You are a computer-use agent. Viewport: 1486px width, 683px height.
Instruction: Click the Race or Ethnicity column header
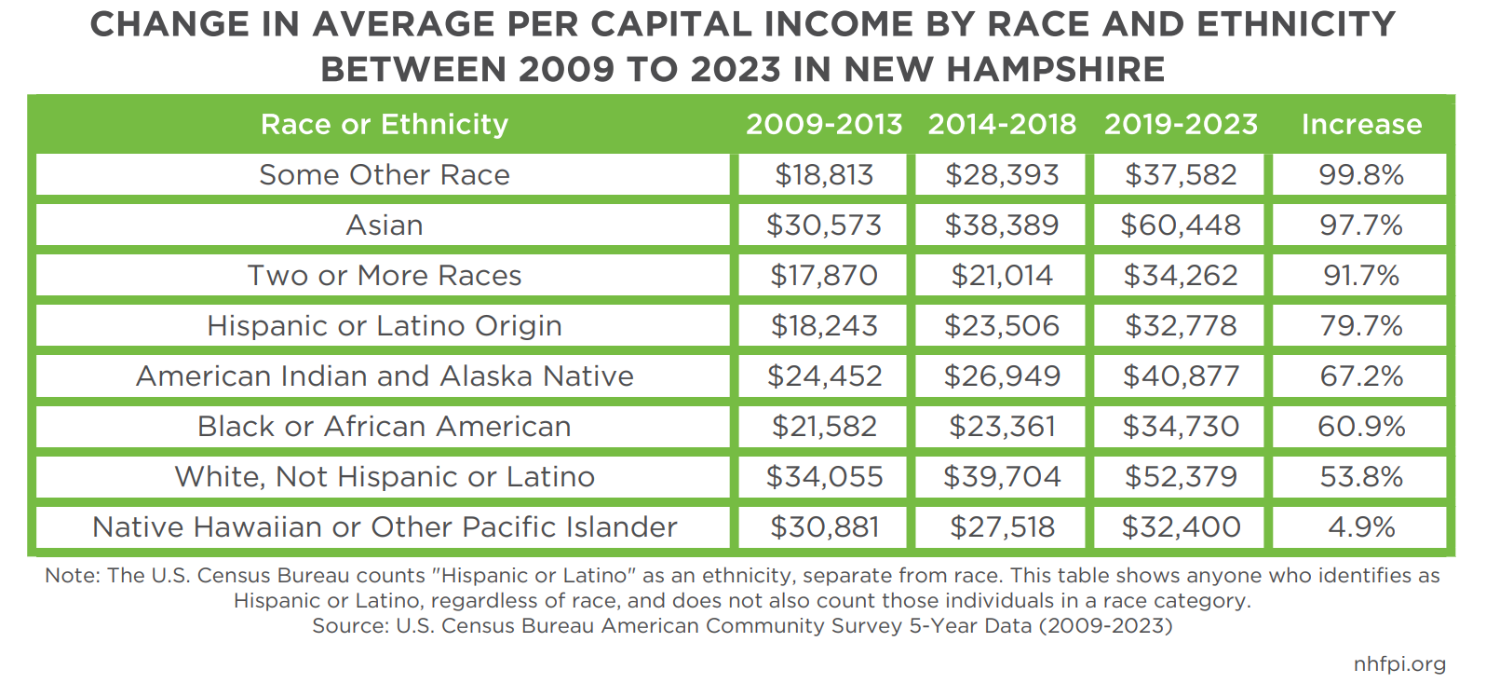pyautogui.click(x=384, y=124)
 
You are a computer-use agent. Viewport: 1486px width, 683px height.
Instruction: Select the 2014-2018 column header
pyautogui.click(x=1002, y=124)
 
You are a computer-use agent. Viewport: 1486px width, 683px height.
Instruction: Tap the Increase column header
pyautogui.click(x=1361, y=124)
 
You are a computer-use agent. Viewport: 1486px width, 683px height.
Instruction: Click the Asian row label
pyautogui.click(x=384, y=225)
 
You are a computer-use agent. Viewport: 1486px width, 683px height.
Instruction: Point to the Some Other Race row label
pyautogui.click(x=384, y=175)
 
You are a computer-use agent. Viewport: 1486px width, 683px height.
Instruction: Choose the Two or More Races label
pyautogui.click(x=384, y=276)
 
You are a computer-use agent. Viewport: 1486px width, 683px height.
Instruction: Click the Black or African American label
pyautogui.click(x=384, y=427)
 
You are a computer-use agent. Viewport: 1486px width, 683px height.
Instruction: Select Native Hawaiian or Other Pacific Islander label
pyautogui.click(x=384, y=527)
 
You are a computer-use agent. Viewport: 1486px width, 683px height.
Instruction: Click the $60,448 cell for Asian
pyautogui.click(x=1181, y=225)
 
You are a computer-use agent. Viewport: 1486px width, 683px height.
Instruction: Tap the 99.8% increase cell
pyautogui.click(x=1361, y=175)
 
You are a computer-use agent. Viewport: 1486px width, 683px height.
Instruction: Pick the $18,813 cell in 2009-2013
pyautogui.click(x=824, y=175)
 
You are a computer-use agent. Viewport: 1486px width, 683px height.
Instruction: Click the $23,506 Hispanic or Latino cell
pyautogui.click(x=1002, y=326)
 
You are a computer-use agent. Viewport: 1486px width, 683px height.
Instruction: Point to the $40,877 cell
pyautogui.click(x=1181, y=376)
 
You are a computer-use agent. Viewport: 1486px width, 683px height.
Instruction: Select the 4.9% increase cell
pyautogui.click(x=1361, y=527)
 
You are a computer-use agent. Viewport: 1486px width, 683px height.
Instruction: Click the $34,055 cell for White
pyautogui.click(x=824, y=477)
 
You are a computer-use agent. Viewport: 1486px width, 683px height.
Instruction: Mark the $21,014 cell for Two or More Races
pyautogui.click(x=1002, y=276)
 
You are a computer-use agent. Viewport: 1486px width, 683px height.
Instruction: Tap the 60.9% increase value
pyautogui.click(x=1361, y=427)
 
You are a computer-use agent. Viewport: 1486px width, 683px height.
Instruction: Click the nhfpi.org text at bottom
pyautogui.click(x=1399, y=664)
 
